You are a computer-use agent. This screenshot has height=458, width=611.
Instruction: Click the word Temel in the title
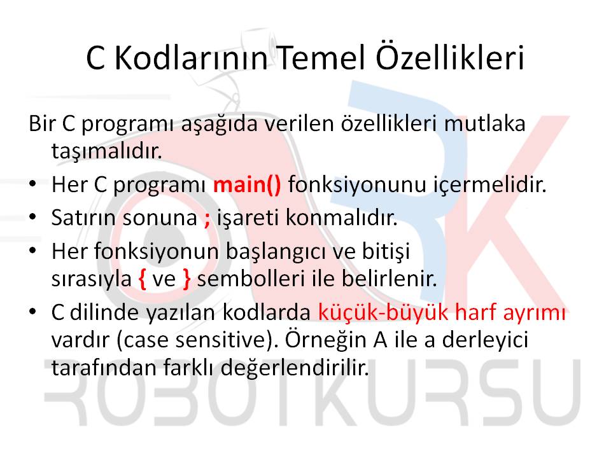point(322,58)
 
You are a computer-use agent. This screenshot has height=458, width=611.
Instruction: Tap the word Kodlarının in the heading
point(191,58)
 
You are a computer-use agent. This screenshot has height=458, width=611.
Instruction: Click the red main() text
point(247,185)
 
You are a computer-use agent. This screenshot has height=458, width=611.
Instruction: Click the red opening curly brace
point(143,280)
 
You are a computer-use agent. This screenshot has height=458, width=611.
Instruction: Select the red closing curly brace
point(186,280)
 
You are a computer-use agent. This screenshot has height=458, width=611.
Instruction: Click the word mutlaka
point(484,124)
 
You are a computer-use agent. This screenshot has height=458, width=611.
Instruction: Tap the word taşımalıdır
point(106,151)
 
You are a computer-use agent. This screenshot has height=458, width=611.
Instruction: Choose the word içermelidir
point(490,185)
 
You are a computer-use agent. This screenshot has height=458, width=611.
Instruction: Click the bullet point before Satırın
point(32,217)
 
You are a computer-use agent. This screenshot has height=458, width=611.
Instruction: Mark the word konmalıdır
point(341,218)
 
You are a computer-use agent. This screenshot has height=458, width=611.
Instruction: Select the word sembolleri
point(251,279)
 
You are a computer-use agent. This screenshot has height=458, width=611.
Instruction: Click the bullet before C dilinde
point(32,312)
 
